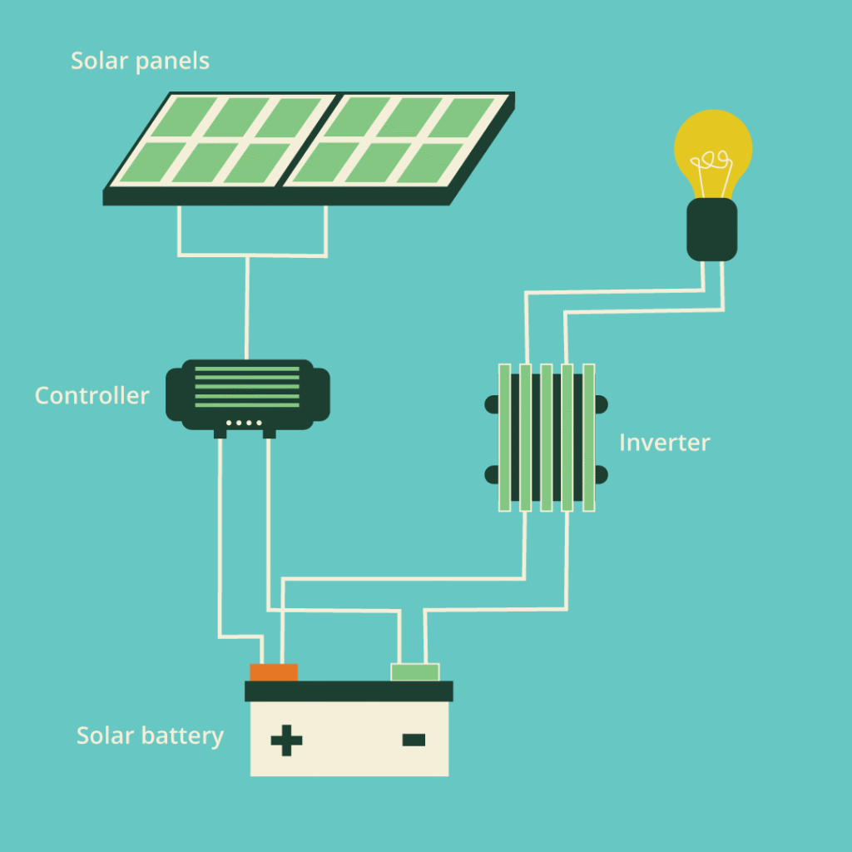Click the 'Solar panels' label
click(140, 61)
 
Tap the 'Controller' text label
click(92, 395)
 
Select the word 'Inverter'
click(664, 442)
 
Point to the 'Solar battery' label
click(150, 736)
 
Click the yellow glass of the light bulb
click(712, 141)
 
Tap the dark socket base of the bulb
click(711, 229)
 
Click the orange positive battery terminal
click(274, 672)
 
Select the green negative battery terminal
click(414, 672)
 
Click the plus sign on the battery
click(286, 740)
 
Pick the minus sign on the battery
click(414, 740)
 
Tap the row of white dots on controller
click(244, 424)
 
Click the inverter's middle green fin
click(547, 437)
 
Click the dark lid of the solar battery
click(349, 691)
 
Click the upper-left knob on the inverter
click(491, 405)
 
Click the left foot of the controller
click(220, 433)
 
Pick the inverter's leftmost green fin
click(503, 437)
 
